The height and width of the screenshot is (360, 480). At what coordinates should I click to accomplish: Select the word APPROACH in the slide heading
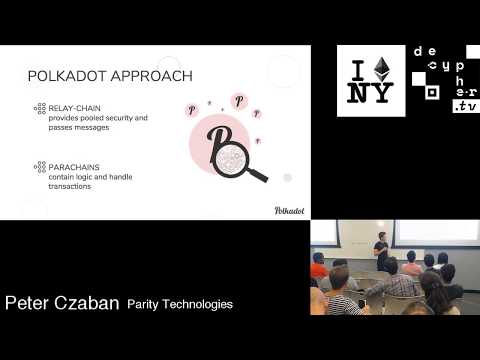click(151, 76)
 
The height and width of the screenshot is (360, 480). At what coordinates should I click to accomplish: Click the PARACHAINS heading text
click(73, 165)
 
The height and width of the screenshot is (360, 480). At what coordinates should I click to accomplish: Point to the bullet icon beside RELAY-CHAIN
click(40, 107)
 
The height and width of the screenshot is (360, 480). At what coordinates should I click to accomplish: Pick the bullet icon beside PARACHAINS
click(40, 165)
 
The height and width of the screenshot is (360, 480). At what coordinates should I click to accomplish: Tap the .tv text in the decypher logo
click(464, 106)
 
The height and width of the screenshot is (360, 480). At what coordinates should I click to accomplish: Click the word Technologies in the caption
click(200, 304)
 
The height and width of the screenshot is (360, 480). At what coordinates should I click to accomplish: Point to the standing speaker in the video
click(381, 251)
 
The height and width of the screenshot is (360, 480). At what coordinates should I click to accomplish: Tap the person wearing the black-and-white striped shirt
click(341, 298)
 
